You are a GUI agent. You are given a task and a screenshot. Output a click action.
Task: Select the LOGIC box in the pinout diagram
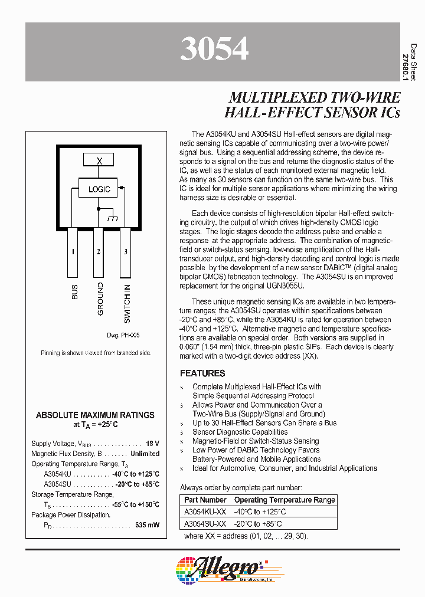pyautogui.click(x=99, y=189)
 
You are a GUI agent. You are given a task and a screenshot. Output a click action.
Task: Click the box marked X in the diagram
pyautogui.click(x=99, y=160)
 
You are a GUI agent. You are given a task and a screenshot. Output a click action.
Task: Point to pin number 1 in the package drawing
pyautogui.click(x=73, y=252)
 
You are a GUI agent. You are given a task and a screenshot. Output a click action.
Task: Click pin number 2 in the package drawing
pyautogui.click(x=99, y=252)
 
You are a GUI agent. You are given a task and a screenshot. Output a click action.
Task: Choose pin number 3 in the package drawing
pyautogui.click(x=125, y=252)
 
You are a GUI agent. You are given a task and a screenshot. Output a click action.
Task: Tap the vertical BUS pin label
pyautogui.click(x=74, y=292)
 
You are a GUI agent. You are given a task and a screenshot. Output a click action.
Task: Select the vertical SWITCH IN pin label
pyautogui.click(x=127, y=304)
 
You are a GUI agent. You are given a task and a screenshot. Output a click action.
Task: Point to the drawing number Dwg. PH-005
pyautogui.click(x=123, y=335)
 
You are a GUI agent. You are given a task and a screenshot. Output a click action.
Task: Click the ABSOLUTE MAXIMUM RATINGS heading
pyautogui.click(x=95, y=415)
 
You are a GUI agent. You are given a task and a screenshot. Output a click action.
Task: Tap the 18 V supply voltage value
pyautogui.click(x=152, y=443)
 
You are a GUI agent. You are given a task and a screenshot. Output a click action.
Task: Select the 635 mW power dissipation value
pyautogui.click(x=147, y=524)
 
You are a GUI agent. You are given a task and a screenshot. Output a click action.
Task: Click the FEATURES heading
pyautogui.click(x=202, y=373)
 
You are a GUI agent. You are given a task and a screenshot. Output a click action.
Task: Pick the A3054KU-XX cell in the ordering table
pyautogui.click(x=205, y=512)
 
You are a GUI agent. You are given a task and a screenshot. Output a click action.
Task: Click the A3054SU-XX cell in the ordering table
pyautogui.click(x=205, y=524)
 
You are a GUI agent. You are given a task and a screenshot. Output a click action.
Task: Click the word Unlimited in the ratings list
pyautogui.click(x=145, y=454)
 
